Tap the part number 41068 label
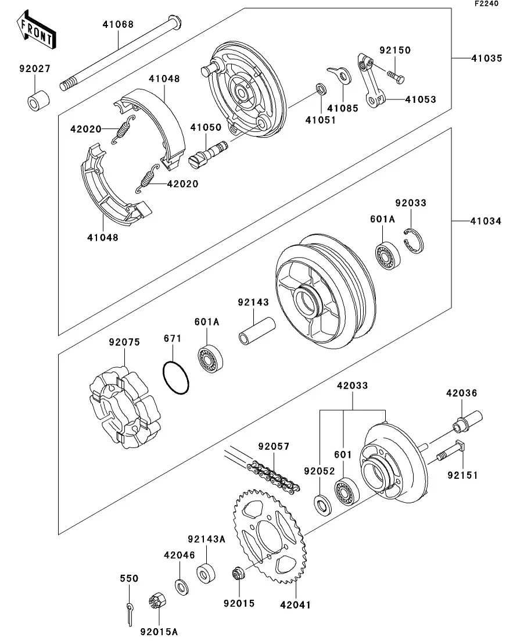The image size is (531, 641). pos(118,24)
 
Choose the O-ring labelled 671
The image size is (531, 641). pos(175,380)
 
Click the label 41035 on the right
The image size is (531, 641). pos(486,59)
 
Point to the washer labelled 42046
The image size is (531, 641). pos(180,585)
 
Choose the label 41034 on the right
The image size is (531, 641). pos(486,221)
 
